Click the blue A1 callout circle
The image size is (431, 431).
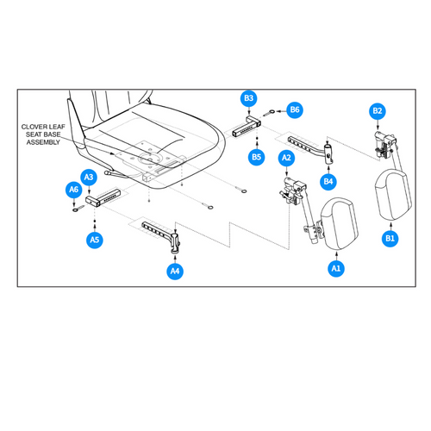[x=335, y=269]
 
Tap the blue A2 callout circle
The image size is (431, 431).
[x=287, y=158]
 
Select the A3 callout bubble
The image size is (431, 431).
[x=89, y=177]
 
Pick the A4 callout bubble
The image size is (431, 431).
[x=175, y=271]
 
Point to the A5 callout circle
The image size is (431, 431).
[x=94, y=240]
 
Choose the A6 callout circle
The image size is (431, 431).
[x=73, y=189]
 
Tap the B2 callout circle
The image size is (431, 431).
[x=377, y=110]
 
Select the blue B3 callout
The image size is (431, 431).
[x=249, y=99]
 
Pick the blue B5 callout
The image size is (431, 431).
[x=256, y=157]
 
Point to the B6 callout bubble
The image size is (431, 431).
[x=294, y=109]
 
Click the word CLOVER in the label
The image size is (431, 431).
[x=40, y=127]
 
